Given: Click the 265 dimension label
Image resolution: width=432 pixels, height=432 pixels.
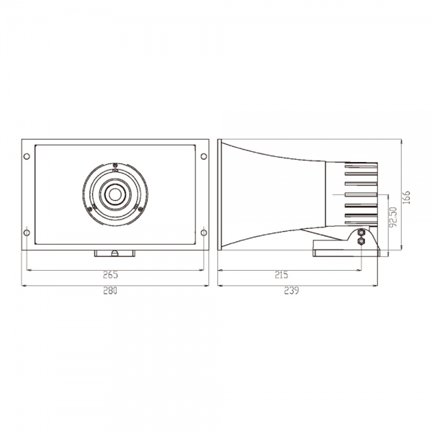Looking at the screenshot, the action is click(110, 275).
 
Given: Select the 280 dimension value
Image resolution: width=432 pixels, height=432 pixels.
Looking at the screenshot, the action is click(110, 290).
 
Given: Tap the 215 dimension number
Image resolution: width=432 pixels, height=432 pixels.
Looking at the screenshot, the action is click(282, 275).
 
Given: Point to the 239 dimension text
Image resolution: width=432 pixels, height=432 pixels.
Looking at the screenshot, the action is click(291, 290).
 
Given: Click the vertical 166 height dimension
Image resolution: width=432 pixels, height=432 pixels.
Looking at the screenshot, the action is click(407, 197).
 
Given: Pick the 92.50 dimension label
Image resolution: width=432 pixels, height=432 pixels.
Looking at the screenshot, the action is click(393, 217).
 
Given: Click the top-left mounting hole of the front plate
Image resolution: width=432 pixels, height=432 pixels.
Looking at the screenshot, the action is click(27, 156).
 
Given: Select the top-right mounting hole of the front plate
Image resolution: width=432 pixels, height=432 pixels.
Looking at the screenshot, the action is click(204, 156).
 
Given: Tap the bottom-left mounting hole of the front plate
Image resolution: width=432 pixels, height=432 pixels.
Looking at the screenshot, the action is click(27, 233).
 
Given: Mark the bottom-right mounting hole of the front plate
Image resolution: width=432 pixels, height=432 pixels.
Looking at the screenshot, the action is click(204, 233).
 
